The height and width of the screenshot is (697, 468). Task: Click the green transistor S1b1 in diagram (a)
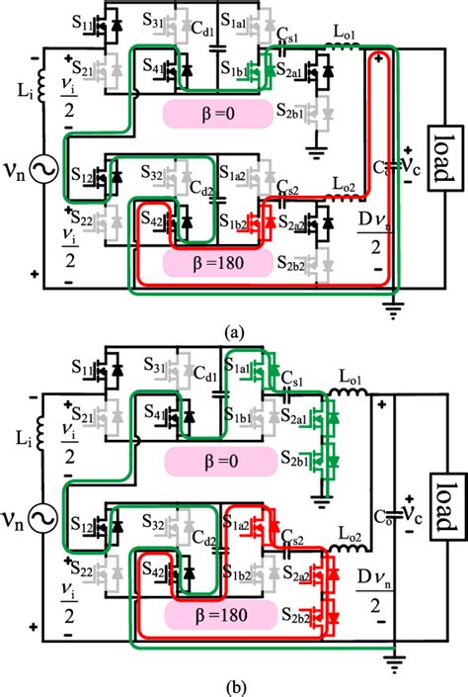(x=263, y=71)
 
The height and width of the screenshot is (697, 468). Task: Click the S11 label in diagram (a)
(x=78, y=21)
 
